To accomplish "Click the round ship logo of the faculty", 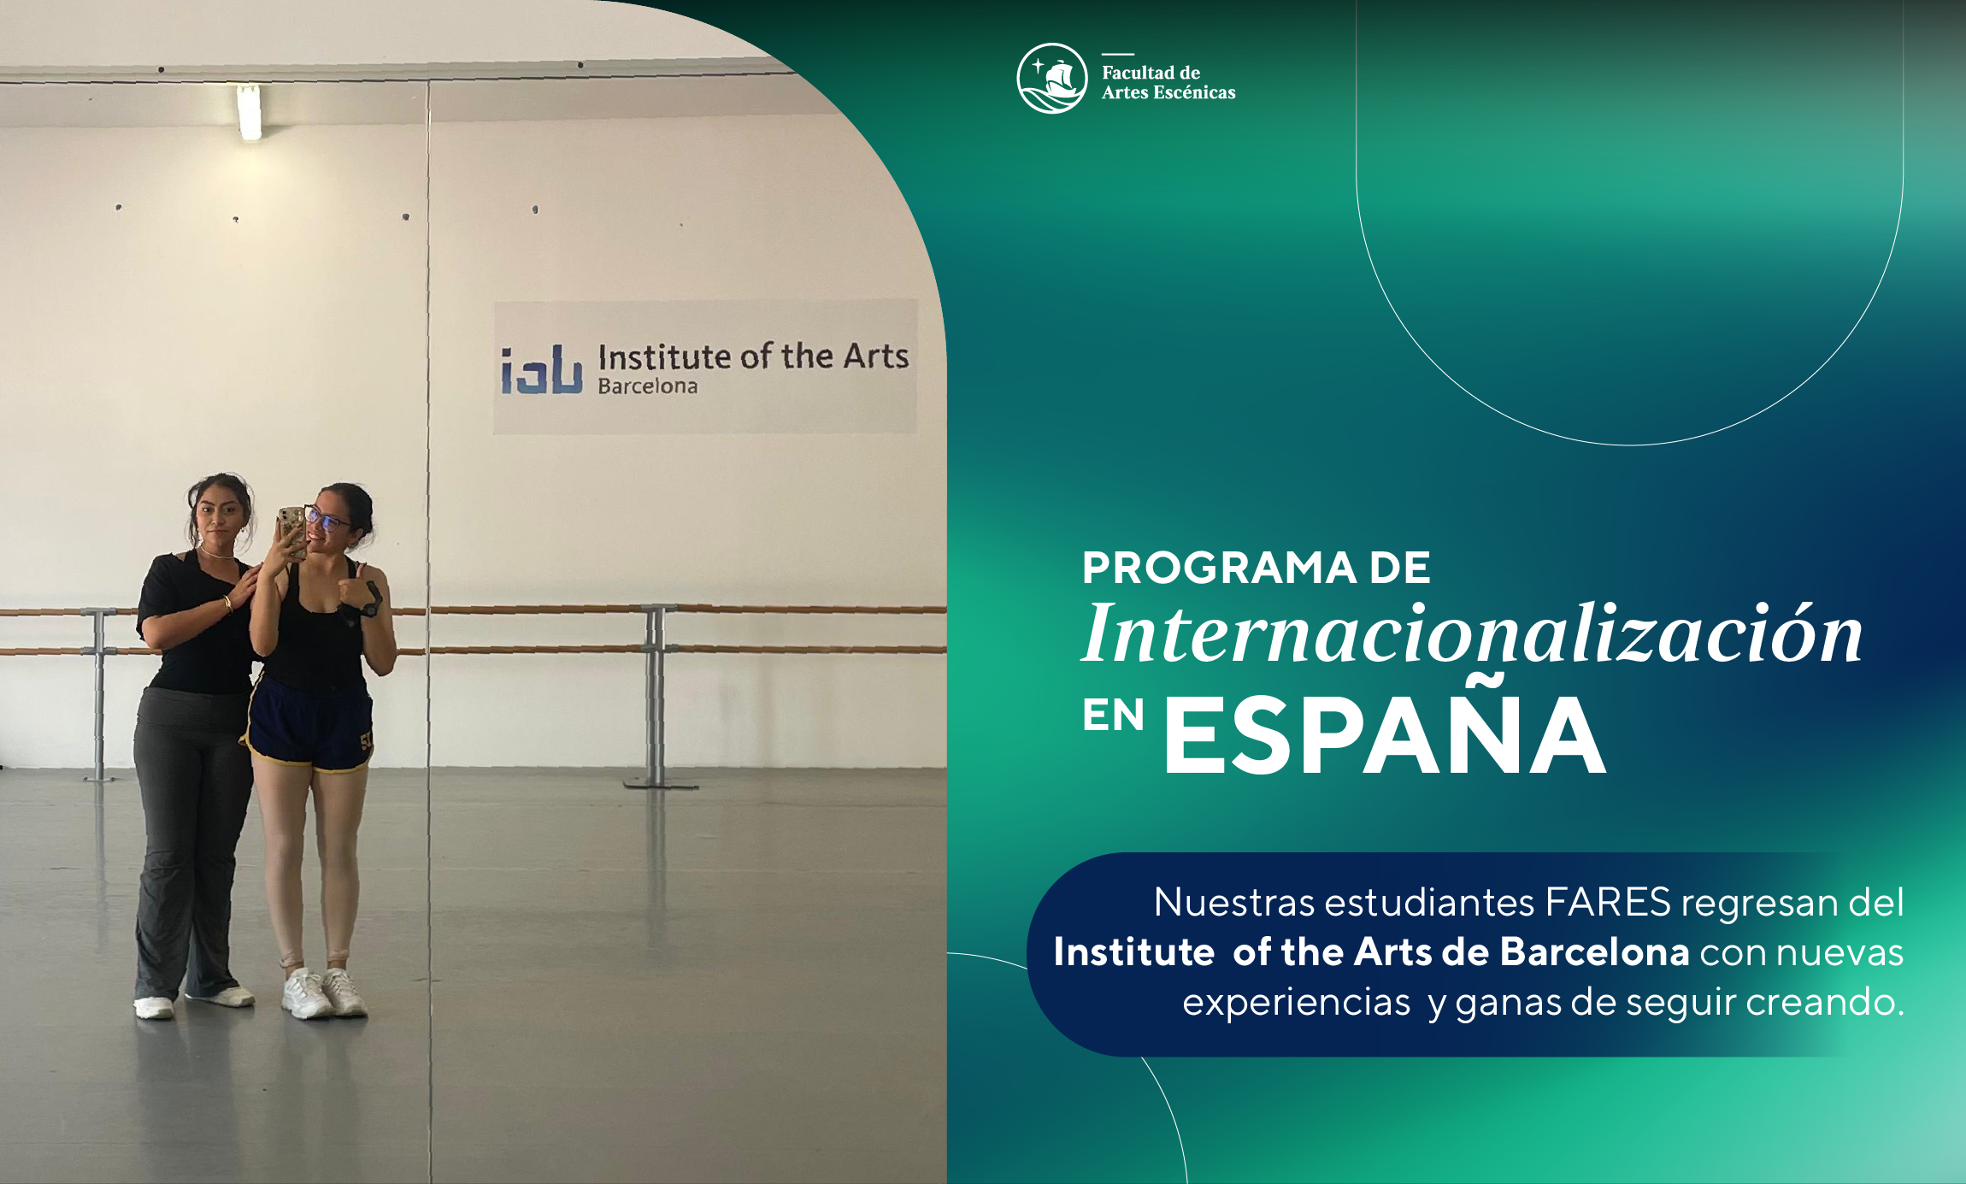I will tap(1051, 79).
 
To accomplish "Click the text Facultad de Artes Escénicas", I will tap(1168, 83).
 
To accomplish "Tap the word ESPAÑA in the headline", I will tap(1384, 735).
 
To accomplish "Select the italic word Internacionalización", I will tap(1471, 634).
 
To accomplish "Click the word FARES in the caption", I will tap(1608, 902).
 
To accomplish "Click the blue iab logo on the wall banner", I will tap(542, 370).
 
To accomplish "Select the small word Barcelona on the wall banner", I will tap(647, 386).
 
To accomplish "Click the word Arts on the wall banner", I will tap(875, 356).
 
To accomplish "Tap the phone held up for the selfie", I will tap(292, 530).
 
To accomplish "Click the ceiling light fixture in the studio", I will tap(249, 112).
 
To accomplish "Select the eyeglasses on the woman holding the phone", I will tap(327, 519).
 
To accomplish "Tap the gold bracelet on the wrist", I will tap(228, 604).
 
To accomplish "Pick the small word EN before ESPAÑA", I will tap(1113, 716).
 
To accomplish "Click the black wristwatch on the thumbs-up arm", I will tap(372, 601).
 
